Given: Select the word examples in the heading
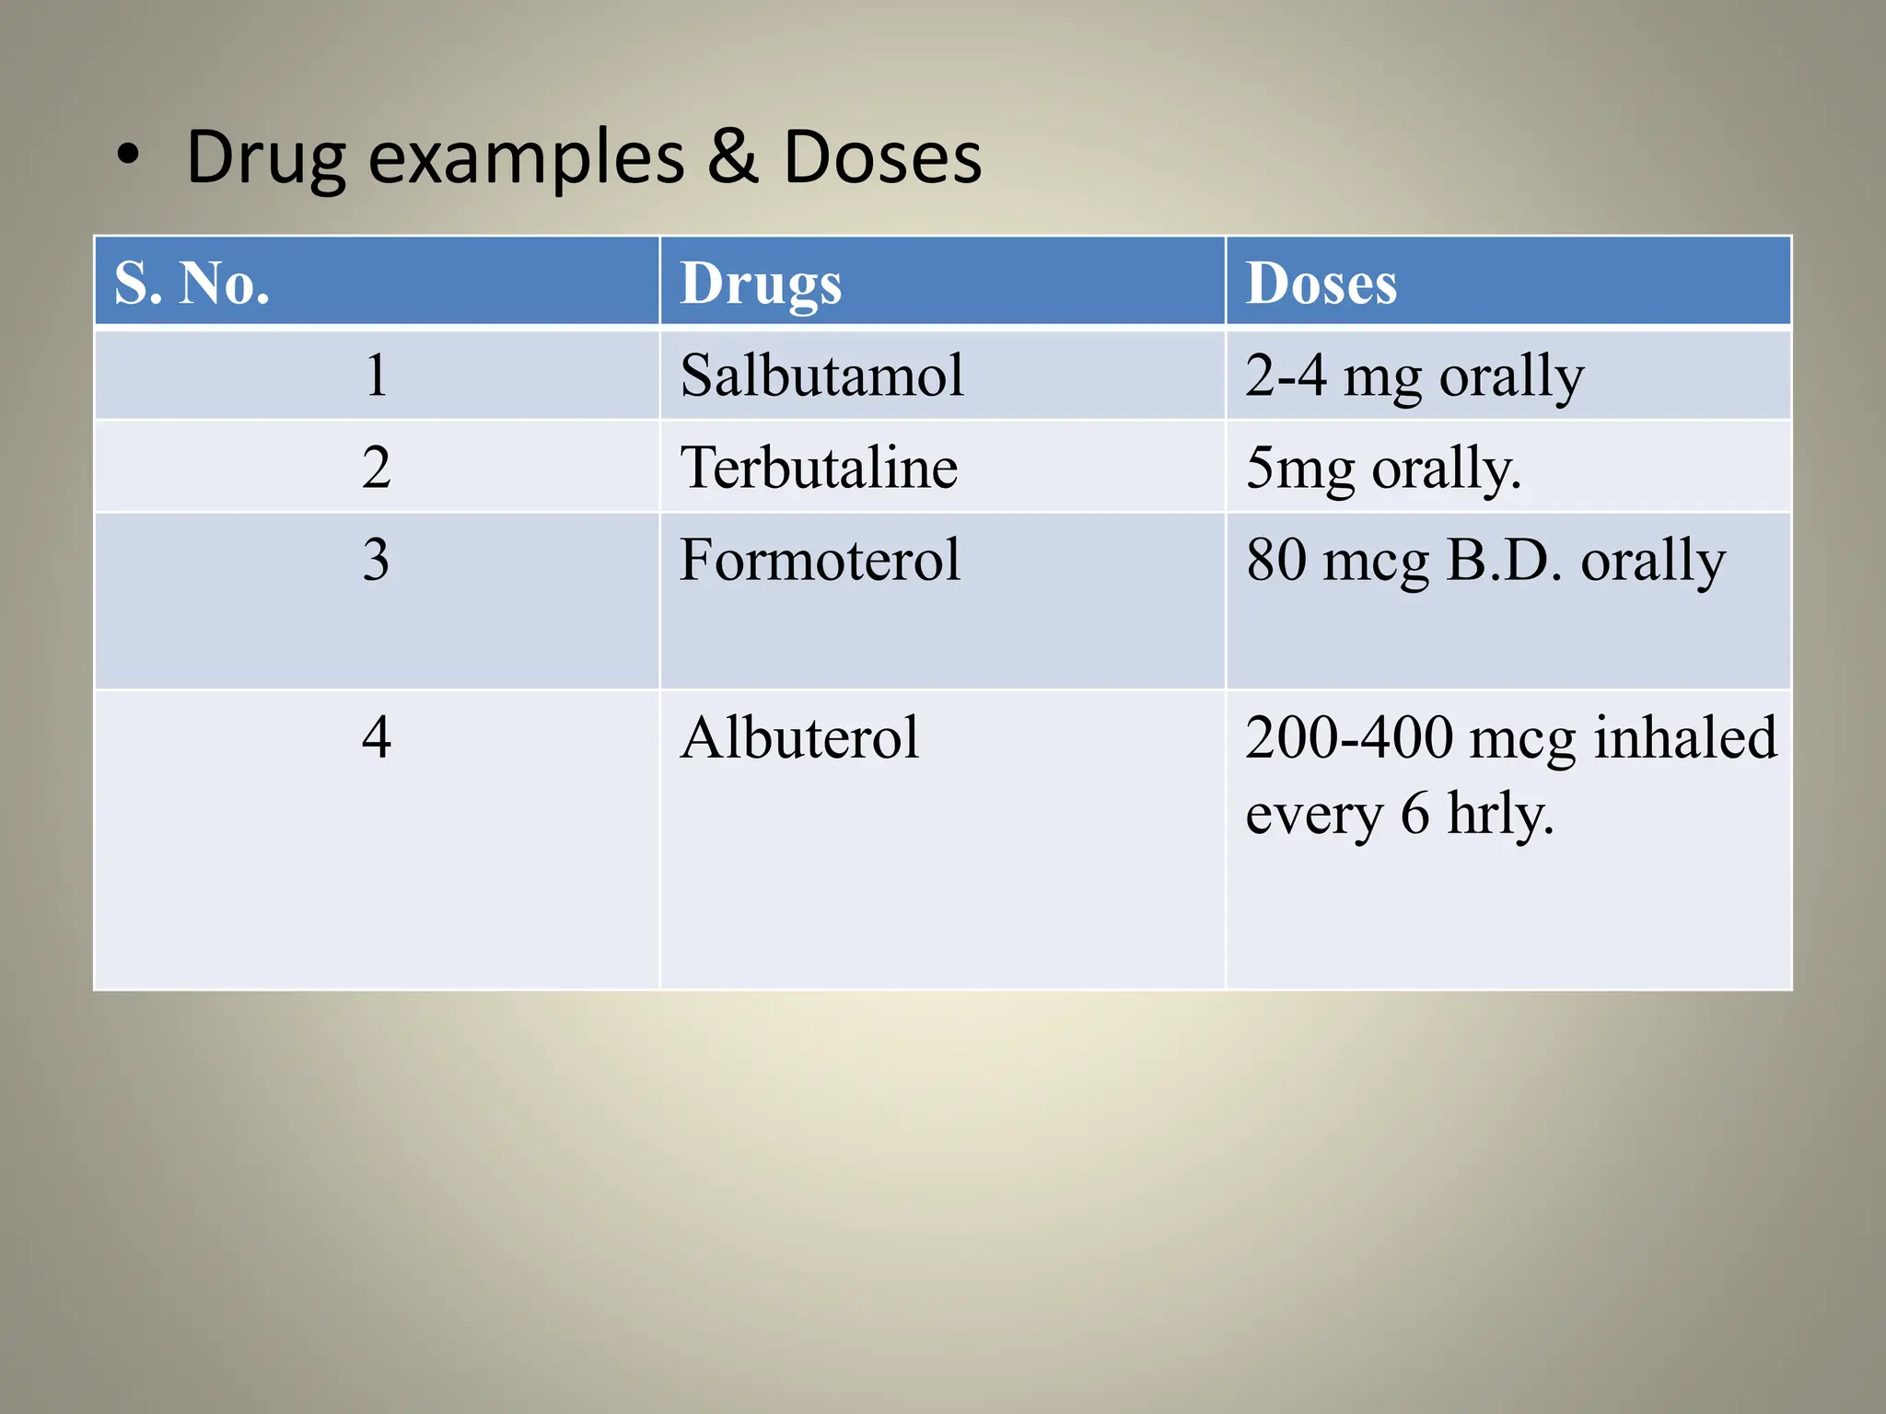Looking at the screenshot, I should pos(527,158).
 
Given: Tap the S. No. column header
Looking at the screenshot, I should pos(192,283).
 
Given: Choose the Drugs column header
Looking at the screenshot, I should pos(761,284).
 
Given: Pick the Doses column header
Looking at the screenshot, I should pos(1321,283).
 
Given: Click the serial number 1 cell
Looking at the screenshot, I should pos(376,376).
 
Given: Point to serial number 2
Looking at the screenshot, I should pos(376,468).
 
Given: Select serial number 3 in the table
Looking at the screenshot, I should pos(376,560).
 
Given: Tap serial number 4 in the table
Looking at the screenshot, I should pos(376,737).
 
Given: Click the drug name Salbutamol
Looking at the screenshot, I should pos(821,376).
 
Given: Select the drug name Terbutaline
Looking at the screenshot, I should pos(819,468).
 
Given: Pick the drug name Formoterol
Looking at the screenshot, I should pos(820,560).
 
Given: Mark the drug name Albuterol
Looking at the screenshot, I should pos(799,737).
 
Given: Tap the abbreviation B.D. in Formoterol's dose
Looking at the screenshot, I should pos(1505,560).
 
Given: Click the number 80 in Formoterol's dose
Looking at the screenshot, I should pos(1276,560).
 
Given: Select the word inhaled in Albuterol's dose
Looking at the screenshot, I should pos(1684,737).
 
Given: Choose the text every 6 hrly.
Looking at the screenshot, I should pos(1400,814).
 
